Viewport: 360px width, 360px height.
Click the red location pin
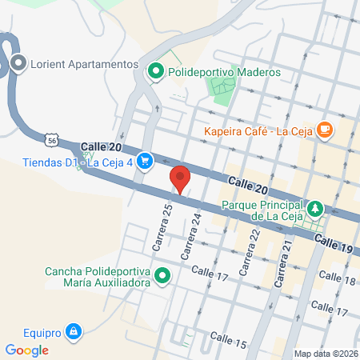[x=180, y=178]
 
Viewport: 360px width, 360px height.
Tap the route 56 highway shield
[x=52, y=139]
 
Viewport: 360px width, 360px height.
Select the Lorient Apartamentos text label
[x=86, y=63]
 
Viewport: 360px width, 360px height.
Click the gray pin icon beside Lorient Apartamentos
[x=18, y=62]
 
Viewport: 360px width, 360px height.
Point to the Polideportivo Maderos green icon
[x=155, y=72]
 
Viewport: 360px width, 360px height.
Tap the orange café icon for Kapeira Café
[x=325, y=129]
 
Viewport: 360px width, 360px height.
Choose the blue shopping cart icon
[x=144, y=161]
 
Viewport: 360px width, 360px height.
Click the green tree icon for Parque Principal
[x=316, y=209]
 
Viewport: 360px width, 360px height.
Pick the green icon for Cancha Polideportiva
[x=162, y=277]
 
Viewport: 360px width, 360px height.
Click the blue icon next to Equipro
[x=74, y=329]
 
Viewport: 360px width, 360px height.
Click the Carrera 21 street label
[x=282, y=269]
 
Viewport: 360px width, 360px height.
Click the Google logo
[x=26, y=350]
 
